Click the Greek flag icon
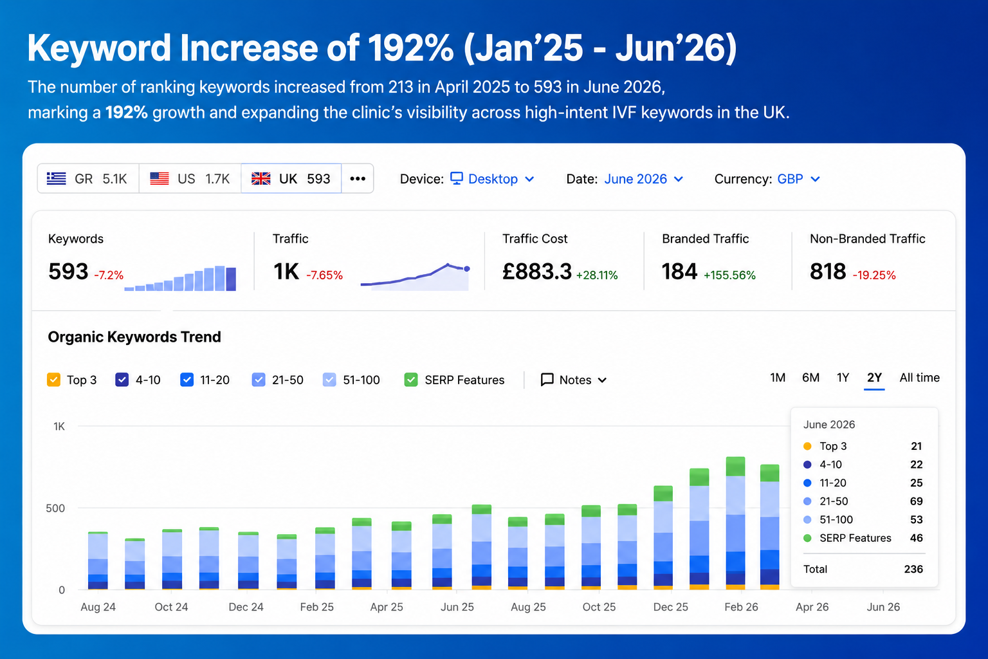pyautogui.click(x=56, y=179)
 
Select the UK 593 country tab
pyautogui.click(x=291, y=179)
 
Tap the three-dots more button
pyautogui.click(x=358, y=179)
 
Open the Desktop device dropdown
pyautogui.click(x=492, y=179)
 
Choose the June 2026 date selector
pyautogui.click(x=644, y=179)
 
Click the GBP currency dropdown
pyautogui.click(x=798, y=179)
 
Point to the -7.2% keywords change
pyautogui.click(x=109, y=275)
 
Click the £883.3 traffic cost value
pyautogui.click(x=537, y=272)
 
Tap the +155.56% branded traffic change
pyautogui.click(x=729, y=275)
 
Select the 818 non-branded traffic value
pyautogui.click(x=828, y=272)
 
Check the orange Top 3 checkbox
pyautogui.click(x=54, y=380)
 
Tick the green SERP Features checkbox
pyautogui.click(x=411, y=380)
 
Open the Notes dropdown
pyautogui.click(x=574, y=380)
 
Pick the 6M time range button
pyautogui.click(x=810, y=378)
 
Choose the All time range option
pyautogui.click(x=920, y=378)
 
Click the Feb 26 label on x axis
pyautogui.click(x=741, y=607)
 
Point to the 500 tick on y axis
pyautogui.click(x=55, y=508)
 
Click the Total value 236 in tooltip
pyautogui.click(x=913, y=569)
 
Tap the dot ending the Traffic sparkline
pyautogui.click(x=466, y=269)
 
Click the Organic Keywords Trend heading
pyautogui.click(x=134, y=337)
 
